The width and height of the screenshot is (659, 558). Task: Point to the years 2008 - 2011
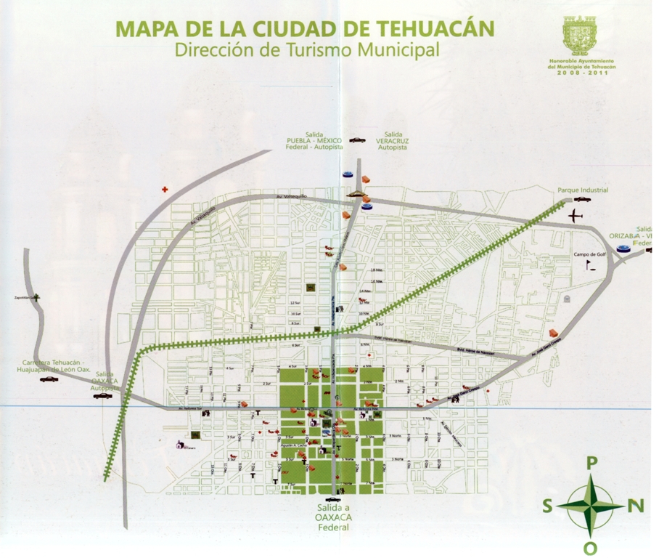pos(582,73)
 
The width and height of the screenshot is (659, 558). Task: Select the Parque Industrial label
pos(583,190)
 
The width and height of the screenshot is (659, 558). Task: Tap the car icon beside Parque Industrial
pos(582,199)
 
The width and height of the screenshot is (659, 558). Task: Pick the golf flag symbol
pos(589,266)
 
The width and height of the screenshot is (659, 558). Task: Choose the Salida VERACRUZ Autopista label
pos(393,140)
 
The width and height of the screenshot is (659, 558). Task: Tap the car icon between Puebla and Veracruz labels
pos(356,139)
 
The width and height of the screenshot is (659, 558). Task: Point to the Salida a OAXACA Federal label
pos(333,517)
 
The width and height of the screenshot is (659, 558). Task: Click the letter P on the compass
pos(592,462)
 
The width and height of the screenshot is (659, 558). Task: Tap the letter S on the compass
pos(547,506)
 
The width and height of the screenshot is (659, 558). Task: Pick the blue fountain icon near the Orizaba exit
pos(623,249)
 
